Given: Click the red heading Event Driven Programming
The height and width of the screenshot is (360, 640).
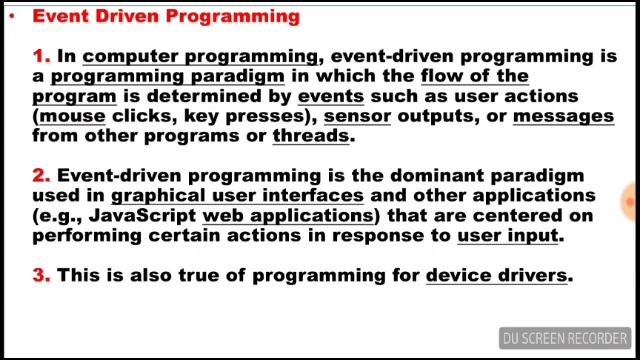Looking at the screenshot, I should [166, 16].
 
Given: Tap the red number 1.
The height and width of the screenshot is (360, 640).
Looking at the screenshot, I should [41, 57].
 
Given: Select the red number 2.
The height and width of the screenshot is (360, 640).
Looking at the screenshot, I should [41, 176].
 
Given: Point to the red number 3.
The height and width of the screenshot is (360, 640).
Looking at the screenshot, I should [41, 274].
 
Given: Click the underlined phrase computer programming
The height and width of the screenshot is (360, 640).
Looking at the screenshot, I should [200, 57].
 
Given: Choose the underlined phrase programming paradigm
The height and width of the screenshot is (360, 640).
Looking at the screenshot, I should [168, 76].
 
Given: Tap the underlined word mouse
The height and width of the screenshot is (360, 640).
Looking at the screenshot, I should [72, 116].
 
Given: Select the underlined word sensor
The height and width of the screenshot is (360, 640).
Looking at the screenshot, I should [357, 116].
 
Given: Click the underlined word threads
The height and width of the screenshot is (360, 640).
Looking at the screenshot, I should [311, 136].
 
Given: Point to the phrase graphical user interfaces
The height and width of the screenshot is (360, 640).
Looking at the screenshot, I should [237, 196].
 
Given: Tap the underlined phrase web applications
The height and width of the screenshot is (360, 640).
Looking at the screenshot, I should [288, 215].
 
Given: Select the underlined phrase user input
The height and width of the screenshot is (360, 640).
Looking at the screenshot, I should [508, 235].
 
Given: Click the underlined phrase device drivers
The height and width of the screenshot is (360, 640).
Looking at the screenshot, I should [496, 274].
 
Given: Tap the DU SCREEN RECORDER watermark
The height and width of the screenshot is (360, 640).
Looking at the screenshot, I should [565, 338].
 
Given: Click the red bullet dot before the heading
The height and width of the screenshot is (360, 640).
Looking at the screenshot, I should [11, 17].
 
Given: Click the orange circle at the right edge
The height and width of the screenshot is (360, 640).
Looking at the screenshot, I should [632, 201].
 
